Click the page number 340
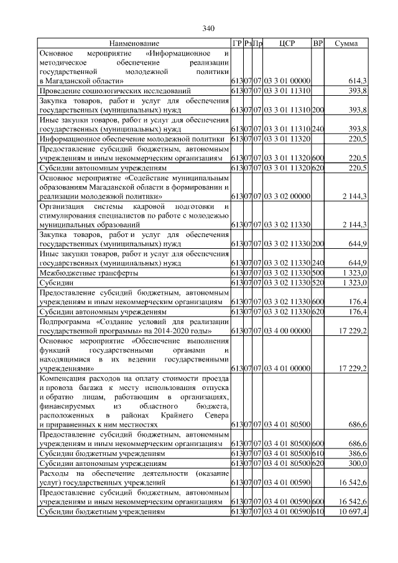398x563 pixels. pyautogui.click(x=208, y=29)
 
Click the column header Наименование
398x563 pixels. pyautogui.click(x=134, y=44)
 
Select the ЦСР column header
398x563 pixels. pyautogui.click(x=287, y=44)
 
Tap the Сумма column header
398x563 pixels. pyautogui.click(x=346, y=44)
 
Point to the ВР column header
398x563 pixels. pyautogui.click(x=318, y=44)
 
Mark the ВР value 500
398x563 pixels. pyautogui.click(x=318, y=273)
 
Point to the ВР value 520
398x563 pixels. pyautogui.click(x=318, y=282)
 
